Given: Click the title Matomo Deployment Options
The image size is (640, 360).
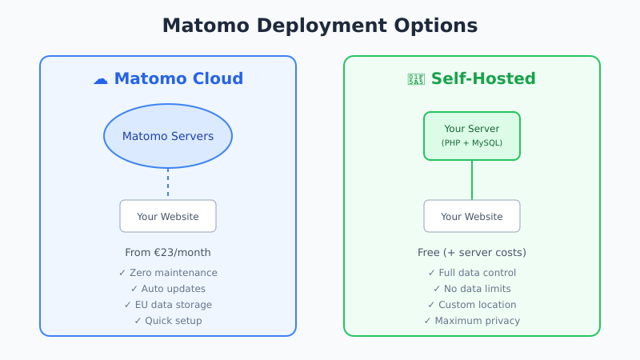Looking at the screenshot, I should pyautogui.click(x=320, y=26).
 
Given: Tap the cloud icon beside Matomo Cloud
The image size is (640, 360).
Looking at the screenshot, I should pyautogui.click(x=100, y=79).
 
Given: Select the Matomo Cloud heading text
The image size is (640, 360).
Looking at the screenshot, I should pyautogui.click(x=178, y=79).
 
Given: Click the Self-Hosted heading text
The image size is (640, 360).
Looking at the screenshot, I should pyautogui.click(x=483, y=79).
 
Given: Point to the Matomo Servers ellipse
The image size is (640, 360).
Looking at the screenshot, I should pyautogui.click(x=168, y=136).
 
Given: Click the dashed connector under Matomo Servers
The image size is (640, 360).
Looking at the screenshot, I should pyautogui.click(x=168, y=183).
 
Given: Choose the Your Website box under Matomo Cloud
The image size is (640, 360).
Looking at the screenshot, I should pyautogui.click(x=168, y=216).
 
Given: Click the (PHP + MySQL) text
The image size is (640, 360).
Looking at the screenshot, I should pyautogui.click(x=472, y=143).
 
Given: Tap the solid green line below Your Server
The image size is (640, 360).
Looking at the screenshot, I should pyautogui.click(x=472, y=180).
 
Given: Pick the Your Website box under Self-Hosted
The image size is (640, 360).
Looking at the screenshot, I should pyautogui.click(x=472, y=216).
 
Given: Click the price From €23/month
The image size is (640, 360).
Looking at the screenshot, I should pyautogui.click(x=168, y=253).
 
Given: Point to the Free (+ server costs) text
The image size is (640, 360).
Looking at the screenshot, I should pyautogui.click(x=472, y=253).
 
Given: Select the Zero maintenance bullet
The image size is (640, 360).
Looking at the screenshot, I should pyautogui.click(x=168, y=273).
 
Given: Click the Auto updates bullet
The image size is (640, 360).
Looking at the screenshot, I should pyautogui.click(x=168, y=289).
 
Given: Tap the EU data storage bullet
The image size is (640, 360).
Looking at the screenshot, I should pyautogui.click(x=168, y=305).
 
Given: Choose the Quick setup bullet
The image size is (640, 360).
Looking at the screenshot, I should pyautogui.click(x=168, y=321).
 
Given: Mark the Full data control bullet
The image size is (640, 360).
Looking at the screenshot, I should pyautogui.click(x=472, y=273).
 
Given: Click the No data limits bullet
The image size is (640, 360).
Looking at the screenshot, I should pyautogui.click(x=472, y=289).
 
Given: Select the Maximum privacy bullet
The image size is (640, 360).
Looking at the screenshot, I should pyautogui.click(x=472, y=321).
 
